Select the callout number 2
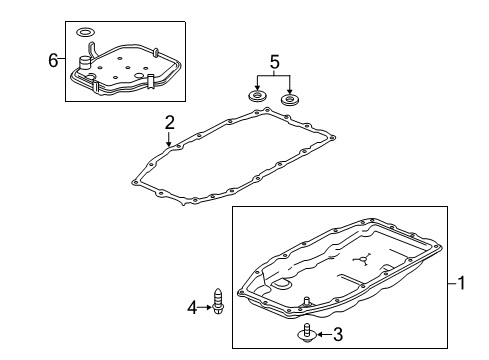coord(170,122)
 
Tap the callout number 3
coord(338,334)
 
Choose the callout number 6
coord(53,61)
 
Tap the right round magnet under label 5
coord(291,100)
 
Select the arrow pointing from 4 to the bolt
coord(207,307)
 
